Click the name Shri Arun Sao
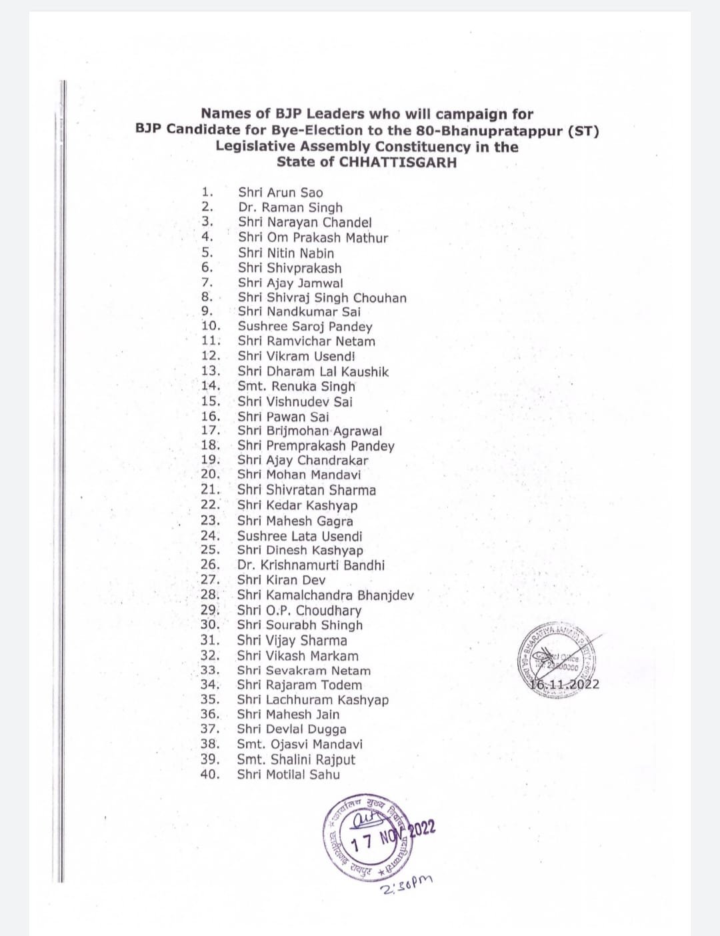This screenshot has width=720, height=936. (x=280, y=193)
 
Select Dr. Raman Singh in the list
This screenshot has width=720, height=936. (x=290, y=207)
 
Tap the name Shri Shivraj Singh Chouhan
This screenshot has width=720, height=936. (x=322, y=297)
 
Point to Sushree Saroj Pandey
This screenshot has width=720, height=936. (x=305, y=326)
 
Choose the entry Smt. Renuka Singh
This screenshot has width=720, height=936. (x=296, y=386)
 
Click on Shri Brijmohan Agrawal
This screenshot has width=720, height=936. (x=309, y=431)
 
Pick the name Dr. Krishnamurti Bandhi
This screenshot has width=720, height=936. (x=311, y=565)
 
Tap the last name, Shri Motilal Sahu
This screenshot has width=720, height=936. (x=288, y=774)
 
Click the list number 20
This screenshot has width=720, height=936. (x=210, y=474)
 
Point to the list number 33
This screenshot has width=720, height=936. (x=210, y=670)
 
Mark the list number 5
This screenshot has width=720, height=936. (x=207, y=252)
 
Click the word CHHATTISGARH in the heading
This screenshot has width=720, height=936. (x=398, y=162)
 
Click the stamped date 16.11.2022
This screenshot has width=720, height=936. (x=565, y=684)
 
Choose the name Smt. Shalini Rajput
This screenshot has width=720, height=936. (x=296, y=759)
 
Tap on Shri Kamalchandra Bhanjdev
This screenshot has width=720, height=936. (x=325, y=595)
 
